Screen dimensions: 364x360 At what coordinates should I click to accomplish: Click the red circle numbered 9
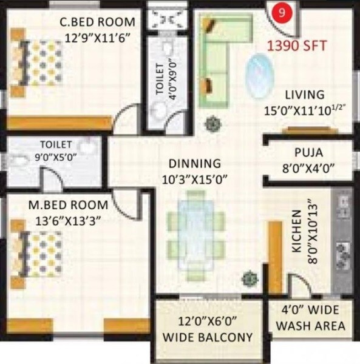point(279,12)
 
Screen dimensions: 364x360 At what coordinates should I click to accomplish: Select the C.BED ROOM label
point(97,22)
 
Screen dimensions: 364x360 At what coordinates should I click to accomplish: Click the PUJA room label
point(308,152)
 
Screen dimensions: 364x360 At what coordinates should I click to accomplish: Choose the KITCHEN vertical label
point(297,231)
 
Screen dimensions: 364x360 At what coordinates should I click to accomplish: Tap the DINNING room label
point(194,163)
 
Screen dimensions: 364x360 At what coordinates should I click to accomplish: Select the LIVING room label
point(306,95)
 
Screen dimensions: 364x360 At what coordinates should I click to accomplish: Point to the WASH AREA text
point(310,326)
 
